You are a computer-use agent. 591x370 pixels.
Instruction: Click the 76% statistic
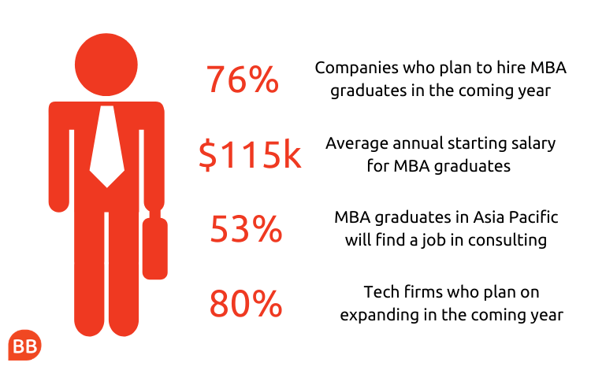pyautogui.click(x=243, y=79)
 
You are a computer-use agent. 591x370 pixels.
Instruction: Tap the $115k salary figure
pyautogui.click(x=250, y=154)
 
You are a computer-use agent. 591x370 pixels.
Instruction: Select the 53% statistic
pyautogui.click(x=246, y=229)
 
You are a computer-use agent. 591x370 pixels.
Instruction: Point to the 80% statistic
pyautogui.click(x=246, y=303)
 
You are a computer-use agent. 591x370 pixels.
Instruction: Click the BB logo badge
pyautogui.click(x=24, y=345)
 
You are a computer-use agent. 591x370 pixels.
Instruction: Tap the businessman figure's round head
pyautogui.click(x=106, y=65)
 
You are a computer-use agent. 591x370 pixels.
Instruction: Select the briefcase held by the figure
pyautogui.click(x=155, y=246)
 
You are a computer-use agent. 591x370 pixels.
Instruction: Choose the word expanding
pyautogui.click(x=379, y=316)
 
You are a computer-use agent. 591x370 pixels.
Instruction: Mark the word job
pyautogui.click(x=433, y=241)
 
